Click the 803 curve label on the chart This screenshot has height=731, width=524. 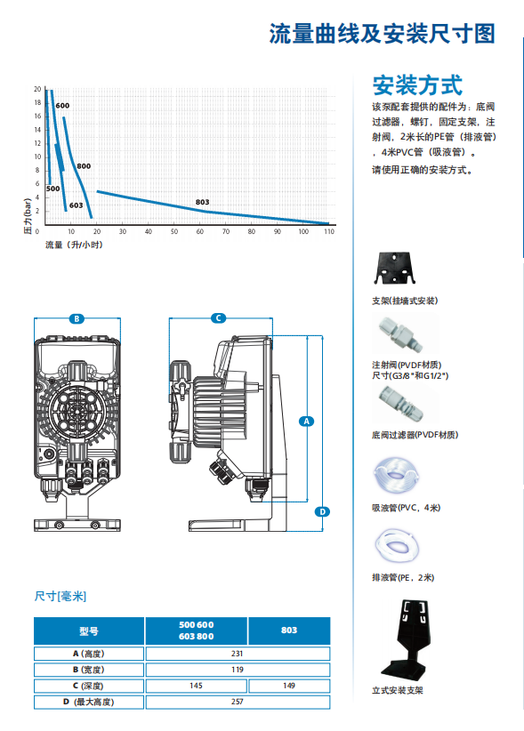tap(202, 202)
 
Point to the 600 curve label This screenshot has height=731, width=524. tap(62, 105)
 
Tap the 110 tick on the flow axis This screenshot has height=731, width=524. tap(329, 231)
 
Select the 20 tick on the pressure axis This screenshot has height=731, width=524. tap(37, 89)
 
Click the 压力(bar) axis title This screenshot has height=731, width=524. tap(28, 216)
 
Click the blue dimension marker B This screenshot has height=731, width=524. tap(77, 319)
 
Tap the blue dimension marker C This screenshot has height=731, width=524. tap(218, 318)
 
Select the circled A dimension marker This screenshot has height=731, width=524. tap(306, 422)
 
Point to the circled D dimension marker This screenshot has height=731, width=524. tap(323, 511)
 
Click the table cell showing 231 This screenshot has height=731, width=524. tap(238, 654)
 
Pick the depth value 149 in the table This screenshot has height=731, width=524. tap(289, 686)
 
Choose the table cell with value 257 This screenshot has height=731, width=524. tap(238, 702)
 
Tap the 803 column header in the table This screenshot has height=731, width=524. tap(289, 631)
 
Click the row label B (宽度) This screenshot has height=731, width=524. tap(89, 670)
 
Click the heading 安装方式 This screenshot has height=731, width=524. tap(417, 85)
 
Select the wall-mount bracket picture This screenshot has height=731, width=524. tap(395, 268)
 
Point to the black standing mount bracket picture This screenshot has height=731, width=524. tap(409, 639)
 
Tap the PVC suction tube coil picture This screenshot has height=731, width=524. tap(396, 475)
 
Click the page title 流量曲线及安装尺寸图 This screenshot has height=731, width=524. tap(382, 34)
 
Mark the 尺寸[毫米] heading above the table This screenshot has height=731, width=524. tap(60, 596)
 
